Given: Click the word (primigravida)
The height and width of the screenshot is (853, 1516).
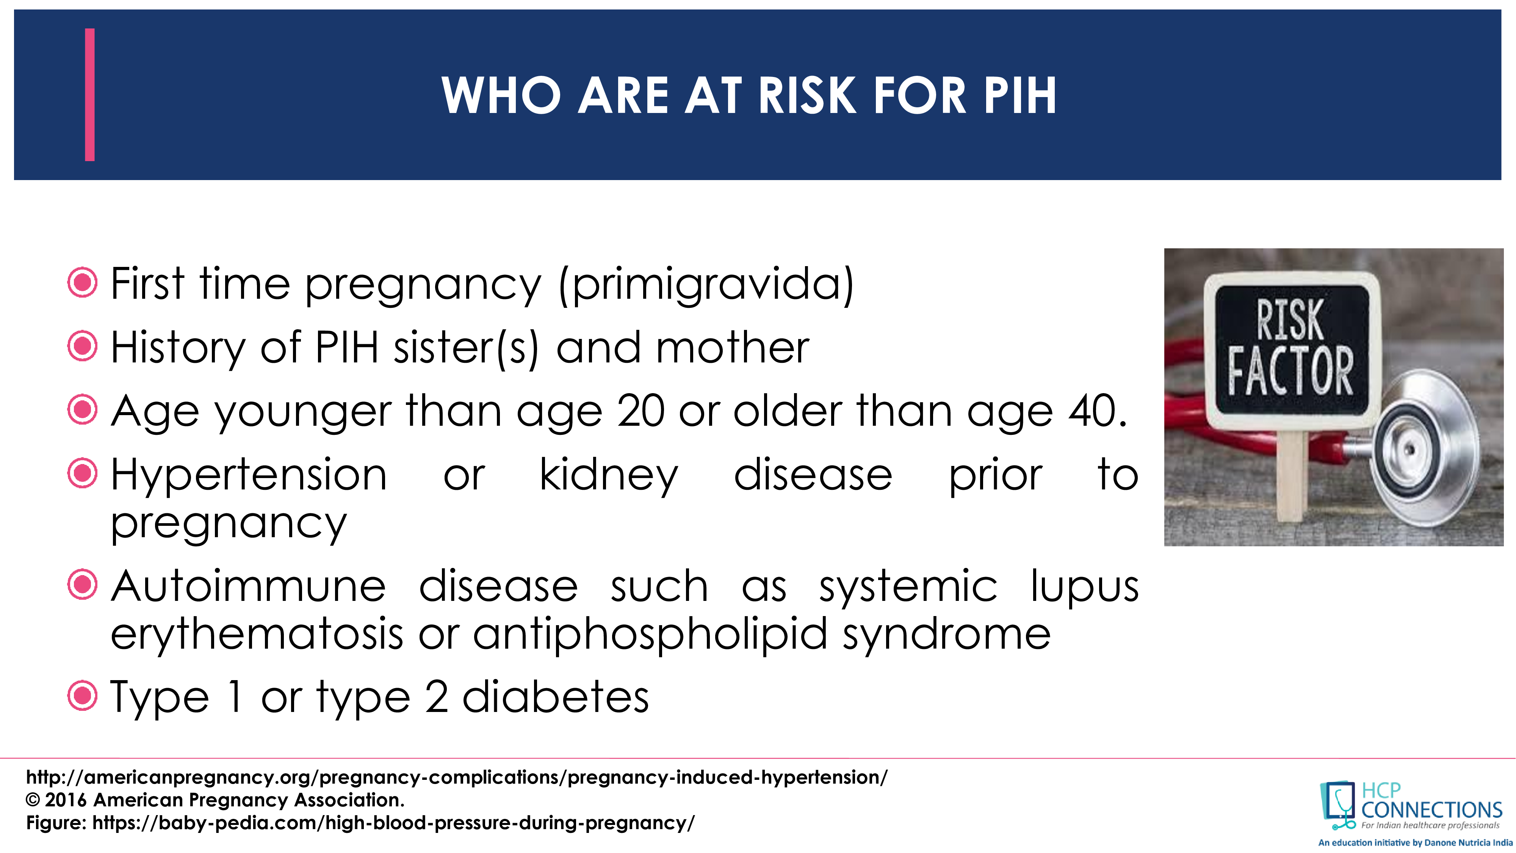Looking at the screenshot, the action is pyautogui.click(x=706, y=284).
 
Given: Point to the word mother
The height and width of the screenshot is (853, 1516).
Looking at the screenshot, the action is pyautogui.click(x=733, y=347).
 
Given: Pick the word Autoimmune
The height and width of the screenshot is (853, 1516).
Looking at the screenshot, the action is pyautogui.click(x=249, y=586).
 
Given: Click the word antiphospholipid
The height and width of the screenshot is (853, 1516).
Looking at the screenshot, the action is pyautogui.click(x=650, y=635).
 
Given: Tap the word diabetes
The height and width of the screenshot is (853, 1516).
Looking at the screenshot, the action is pyautogui.click(x=556, y=697).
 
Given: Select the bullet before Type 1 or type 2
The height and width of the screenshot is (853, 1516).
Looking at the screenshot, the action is pyautogui.click(x=82, y=696).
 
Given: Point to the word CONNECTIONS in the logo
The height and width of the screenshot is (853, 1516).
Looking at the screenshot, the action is pyautogui.click(x=1431, y=810).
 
